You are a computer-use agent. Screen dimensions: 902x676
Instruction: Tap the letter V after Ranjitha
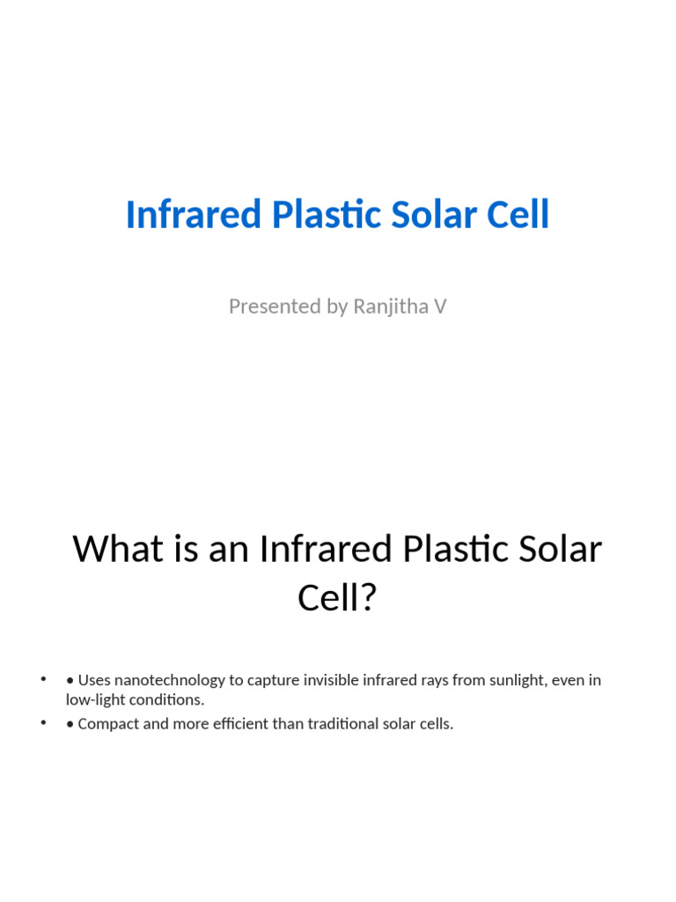pyautogui.click(x=440, y=307)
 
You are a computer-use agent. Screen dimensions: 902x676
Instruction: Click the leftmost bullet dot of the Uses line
pyautogui.click(x=42, y=679)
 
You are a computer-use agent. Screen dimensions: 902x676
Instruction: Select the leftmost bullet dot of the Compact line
pyautogui.click(x=42, y=723)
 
